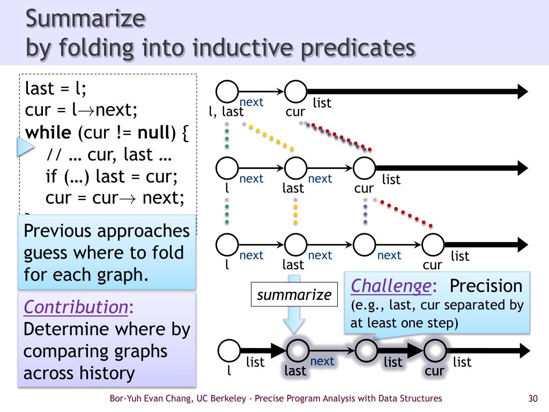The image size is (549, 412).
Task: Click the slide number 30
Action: point(532,398)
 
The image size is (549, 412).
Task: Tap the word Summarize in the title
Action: point(86,19)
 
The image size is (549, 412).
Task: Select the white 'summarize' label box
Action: point(294,295)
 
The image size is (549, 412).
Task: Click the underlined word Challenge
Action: point(390,286)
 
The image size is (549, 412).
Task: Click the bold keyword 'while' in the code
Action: point(48,132)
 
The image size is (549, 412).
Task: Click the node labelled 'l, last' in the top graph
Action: point(227,91)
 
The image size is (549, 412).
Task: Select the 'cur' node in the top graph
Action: point(295,91)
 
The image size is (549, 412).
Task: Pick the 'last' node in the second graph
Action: point(295,168)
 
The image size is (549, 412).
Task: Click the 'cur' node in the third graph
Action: point(433,245)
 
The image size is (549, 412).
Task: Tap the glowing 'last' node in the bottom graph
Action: point(297,351)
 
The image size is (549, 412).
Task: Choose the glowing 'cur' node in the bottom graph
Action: point(435,351)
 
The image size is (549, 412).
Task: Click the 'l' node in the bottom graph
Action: point(229,351)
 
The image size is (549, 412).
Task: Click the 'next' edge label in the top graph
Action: point(251,102)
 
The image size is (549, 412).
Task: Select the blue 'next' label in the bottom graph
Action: point(322,361)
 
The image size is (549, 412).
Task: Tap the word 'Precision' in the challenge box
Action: point(486,286)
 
